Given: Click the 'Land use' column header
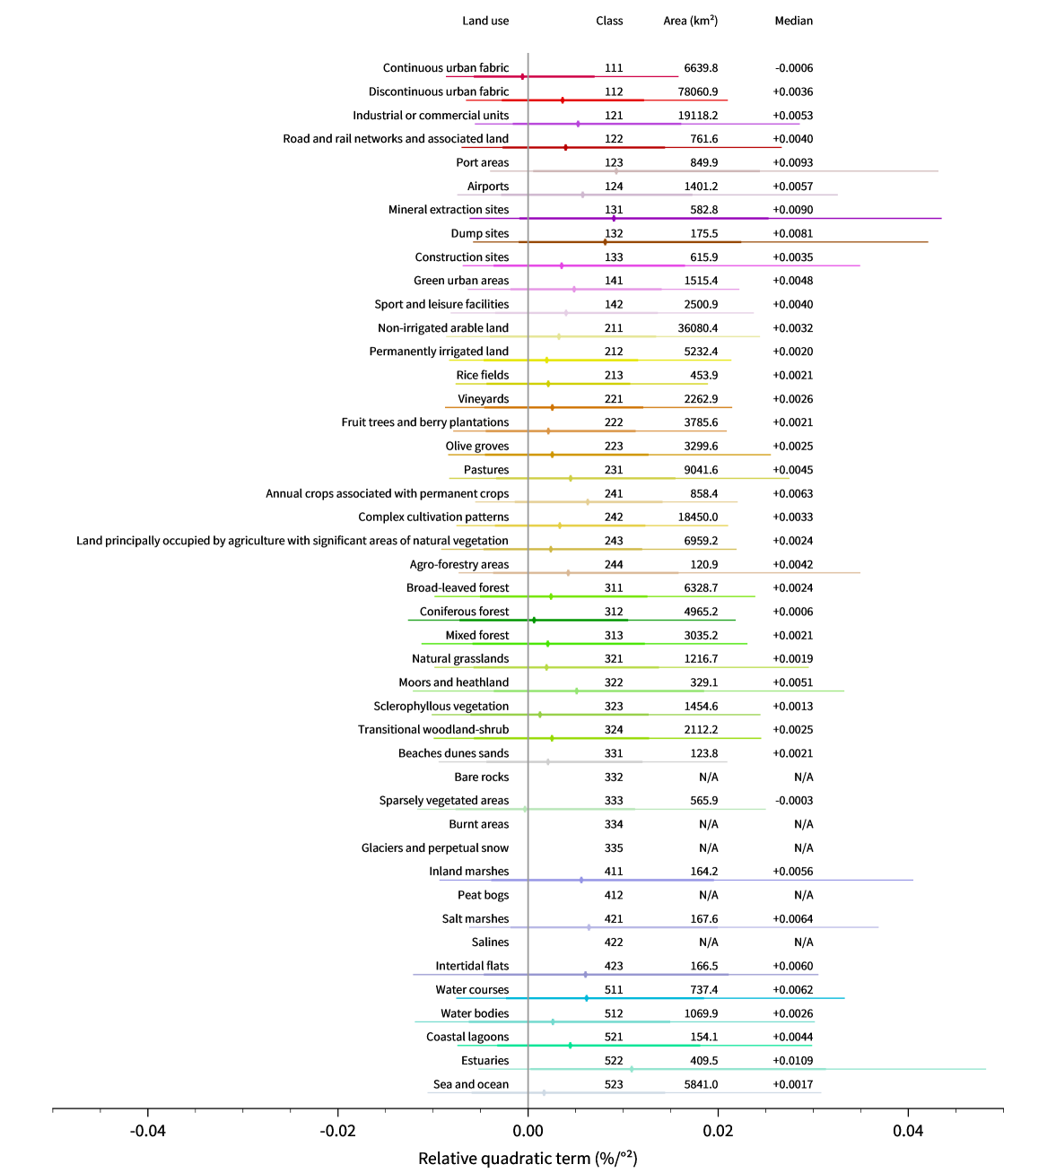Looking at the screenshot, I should point(485,21).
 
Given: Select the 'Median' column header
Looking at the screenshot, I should point(793,21).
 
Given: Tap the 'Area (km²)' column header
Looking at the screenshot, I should point(690,21).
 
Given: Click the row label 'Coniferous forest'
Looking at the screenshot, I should point(464,612).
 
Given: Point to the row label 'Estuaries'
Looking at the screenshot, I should point(484,1061).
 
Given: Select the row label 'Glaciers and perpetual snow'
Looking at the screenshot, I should point(434,847).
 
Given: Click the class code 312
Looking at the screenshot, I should point(614,612).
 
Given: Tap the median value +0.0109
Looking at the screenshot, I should point(793,1061).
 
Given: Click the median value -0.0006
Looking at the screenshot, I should point(793,68).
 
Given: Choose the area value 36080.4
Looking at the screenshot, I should point(698,328).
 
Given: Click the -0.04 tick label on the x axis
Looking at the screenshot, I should point(148,1131).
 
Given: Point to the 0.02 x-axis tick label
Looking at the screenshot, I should point(718,1131).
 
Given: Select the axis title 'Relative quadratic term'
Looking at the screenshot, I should point(528,1159).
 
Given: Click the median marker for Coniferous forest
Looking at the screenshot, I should point(534,620).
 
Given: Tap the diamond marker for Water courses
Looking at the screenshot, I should point(587,998).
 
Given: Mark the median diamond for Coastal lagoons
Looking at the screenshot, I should point(570,1046).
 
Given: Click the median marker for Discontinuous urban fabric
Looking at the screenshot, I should point(563,100).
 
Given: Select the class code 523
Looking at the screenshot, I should point(614,1084).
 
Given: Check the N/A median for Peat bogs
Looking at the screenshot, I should point(803,895).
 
